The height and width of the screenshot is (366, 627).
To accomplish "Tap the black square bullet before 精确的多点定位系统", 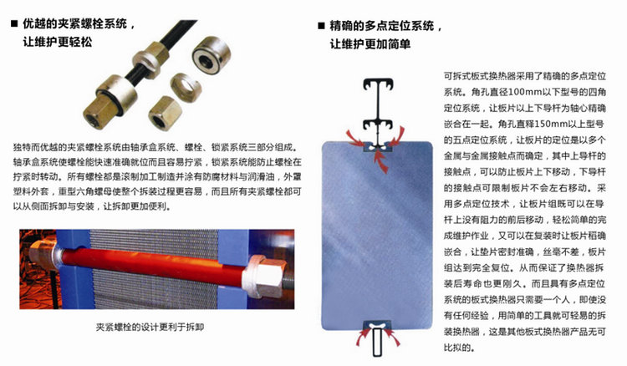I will coord(322,25).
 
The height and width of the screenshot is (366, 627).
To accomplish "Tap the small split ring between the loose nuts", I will coord(184,81).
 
